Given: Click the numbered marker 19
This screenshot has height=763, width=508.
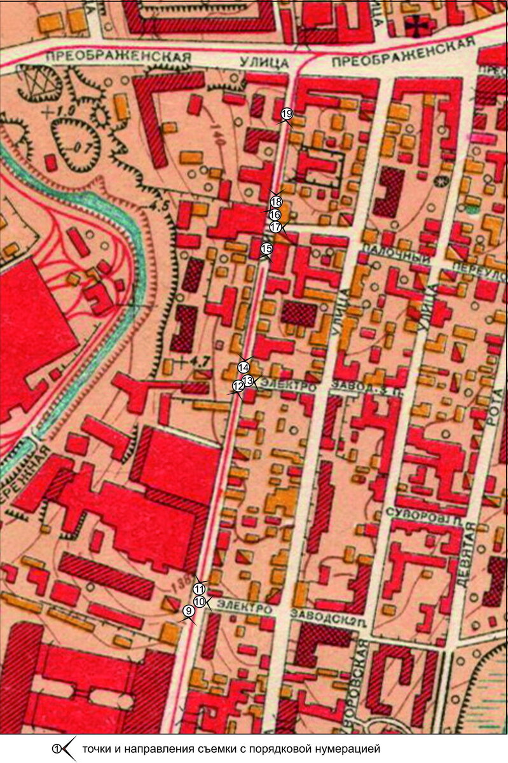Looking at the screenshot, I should [286, 114].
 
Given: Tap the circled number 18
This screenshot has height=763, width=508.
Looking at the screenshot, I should [276, 202].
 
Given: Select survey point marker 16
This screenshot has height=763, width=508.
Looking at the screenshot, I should [275, 214].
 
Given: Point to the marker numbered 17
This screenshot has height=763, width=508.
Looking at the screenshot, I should [275, 227].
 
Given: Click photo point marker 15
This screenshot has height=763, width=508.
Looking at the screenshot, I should [266, 248].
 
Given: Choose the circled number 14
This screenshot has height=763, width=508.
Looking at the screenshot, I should [244, 367].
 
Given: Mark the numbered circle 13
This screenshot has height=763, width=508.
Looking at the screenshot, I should [249, 380].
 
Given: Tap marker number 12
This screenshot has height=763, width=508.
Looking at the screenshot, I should [238, 386].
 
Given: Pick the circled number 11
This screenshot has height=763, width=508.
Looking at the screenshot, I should [200, 588].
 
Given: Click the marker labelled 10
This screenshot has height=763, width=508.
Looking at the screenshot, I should [199, 601].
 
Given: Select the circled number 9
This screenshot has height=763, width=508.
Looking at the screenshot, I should [188, 611].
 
